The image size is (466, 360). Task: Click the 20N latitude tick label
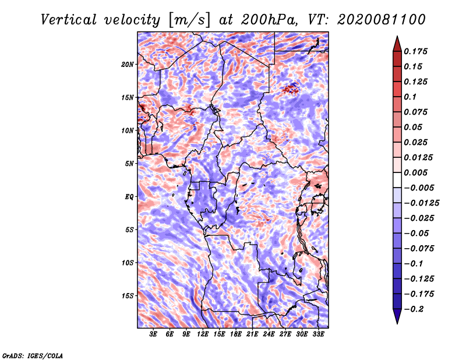[x=128, y=65]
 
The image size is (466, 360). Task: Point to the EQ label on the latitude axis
[x=129, y=197]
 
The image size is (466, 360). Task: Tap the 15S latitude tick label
[x=128, y=296]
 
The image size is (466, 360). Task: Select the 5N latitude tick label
[x=129, y=164]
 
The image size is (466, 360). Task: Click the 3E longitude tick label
[x=153, y=334]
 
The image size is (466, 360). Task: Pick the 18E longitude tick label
[x=236, y=334]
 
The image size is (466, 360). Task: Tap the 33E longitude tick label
[x=318, y=334]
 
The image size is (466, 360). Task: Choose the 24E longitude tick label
[x=269, y=334]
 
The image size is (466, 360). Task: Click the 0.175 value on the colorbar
[x=415, y=51]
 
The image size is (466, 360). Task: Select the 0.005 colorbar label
[x=415, y=172]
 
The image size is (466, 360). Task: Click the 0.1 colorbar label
[x=410, y=97]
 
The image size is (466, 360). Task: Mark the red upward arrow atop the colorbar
[x=397, y=44]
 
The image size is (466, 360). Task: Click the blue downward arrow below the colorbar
[x=397, y=316]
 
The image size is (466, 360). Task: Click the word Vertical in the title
[x=69, y=20]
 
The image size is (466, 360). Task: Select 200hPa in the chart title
[x=269, y=20]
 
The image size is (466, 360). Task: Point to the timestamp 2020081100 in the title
[x=382, y=20]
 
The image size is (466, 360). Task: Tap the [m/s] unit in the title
[x=189, y=20]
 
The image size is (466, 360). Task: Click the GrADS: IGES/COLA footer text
[x=33, y=356]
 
